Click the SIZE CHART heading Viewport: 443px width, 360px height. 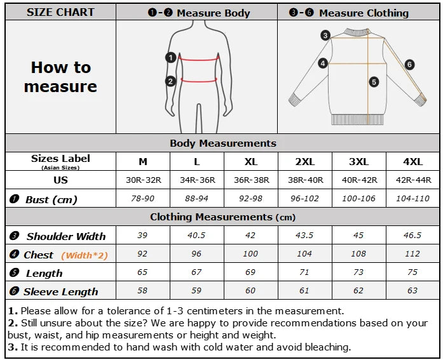tap(60, 12)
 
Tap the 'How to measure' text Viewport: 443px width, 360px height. tap(60, 77)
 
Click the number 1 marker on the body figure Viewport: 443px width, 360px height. tap(170, 57)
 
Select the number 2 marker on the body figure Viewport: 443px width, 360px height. tap(170, 81)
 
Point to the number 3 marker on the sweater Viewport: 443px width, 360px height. tap(325, 36)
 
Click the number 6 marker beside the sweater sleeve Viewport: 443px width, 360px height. tap(409, 64)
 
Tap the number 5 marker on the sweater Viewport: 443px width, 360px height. tap(374, 81)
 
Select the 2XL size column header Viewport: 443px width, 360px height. tap(305, 161)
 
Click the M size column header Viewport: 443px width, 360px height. tap(143, 161)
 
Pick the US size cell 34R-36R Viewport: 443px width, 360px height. tap(198, 180)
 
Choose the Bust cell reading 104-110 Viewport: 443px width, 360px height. tap(412, 199)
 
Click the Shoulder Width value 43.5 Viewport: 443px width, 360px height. tap(305, 236)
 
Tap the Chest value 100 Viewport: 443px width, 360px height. tap(251, 254)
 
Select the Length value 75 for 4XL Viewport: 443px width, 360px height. tap(412, 272)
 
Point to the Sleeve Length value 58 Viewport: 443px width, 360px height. tap(143, 291)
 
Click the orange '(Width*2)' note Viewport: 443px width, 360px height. tap(85, 255)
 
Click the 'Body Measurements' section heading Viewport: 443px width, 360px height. tap(222, 143)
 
